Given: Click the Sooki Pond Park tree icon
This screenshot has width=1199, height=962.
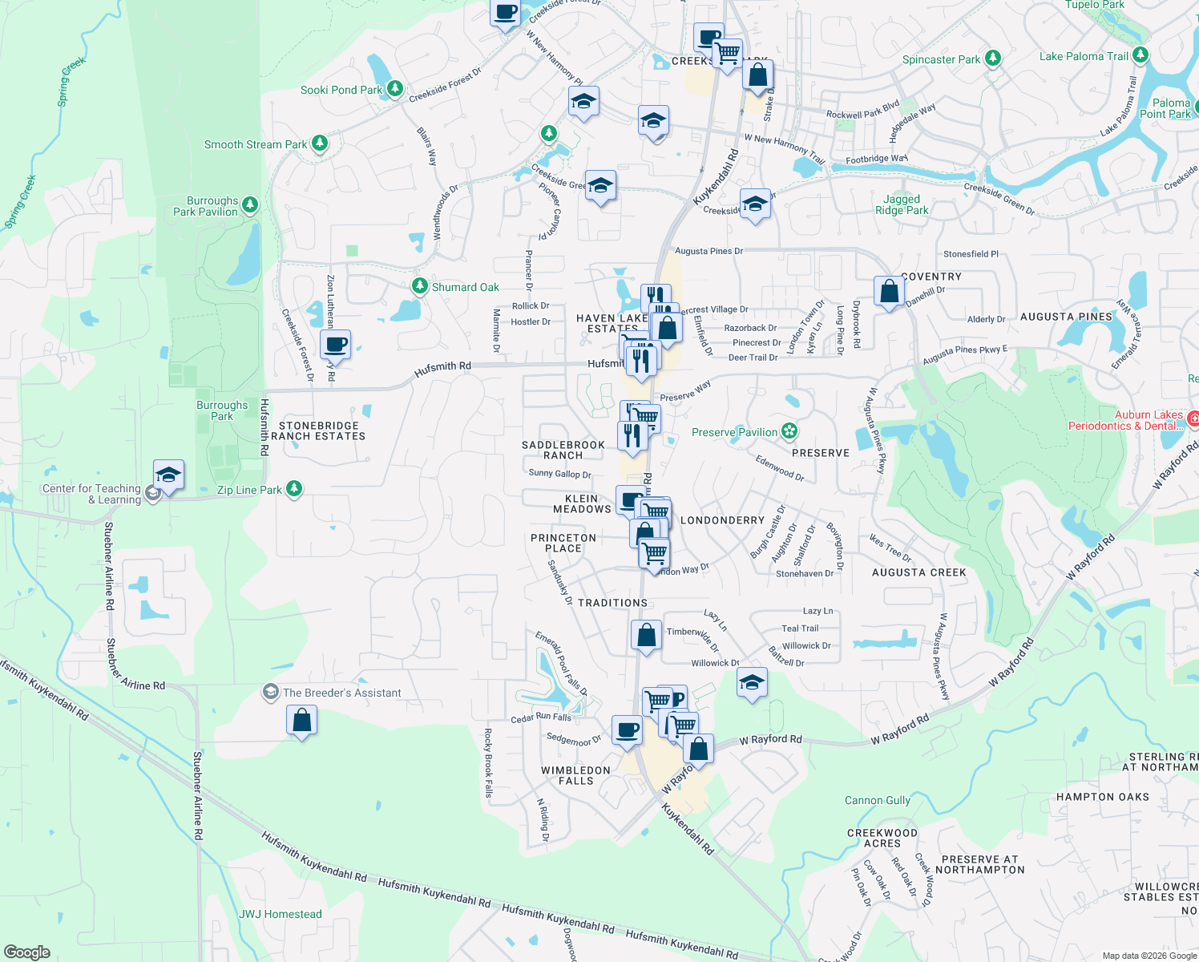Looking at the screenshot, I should [x=395, y=88].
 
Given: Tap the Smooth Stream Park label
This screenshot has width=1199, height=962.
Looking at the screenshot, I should [x=256, y=145].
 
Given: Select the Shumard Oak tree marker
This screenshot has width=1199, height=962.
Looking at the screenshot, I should [x=419, y=285].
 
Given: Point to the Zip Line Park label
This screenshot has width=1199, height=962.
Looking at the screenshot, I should [x=249, y=490].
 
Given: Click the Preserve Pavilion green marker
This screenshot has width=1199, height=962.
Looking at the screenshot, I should [x=789, y=431].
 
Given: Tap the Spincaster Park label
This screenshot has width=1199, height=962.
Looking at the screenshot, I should [x=941, y=60].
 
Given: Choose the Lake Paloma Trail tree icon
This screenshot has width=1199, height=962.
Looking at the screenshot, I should [x=1140, y=55].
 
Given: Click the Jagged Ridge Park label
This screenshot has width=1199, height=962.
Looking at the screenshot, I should [x=902, y=205].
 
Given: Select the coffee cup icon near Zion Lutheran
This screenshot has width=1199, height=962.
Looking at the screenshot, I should [x=336, y=345].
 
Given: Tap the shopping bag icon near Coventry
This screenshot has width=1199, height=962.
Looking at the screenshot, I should [x=889, y=290].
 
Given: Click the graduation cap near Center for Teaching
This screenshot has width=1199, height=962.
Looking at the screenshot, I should [x=169, y=475].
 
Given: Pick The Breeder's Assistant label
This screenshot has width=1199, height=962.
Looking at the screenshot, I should [x=341, y=693].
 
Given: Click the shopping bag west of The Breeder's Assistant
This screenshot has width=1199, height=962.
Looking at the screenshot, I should [x=302, y=720].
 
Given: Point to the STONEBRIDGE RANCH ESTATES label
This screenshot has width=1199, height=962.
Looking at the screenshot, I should [x=318, y=431].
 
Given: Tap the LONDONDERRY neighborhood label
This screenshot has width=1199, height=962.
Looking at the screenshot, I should [x=722, y=521].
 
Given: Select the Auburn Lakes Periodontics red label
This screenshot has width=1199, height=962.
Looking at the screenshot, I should [x=1125, y=421].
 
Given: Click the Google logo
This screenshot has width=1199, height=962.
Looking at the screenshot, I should [x=26, y=952].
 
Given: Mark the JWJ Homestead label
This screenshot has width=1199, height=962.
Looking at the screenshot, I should [x=281, y=915].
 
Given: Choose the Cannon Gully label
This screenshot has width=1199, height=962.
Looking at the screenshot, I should [x=878, y=801].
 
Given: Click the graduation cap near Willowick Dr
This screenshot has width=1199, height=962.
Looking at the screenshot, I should [x=751, y=682].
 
